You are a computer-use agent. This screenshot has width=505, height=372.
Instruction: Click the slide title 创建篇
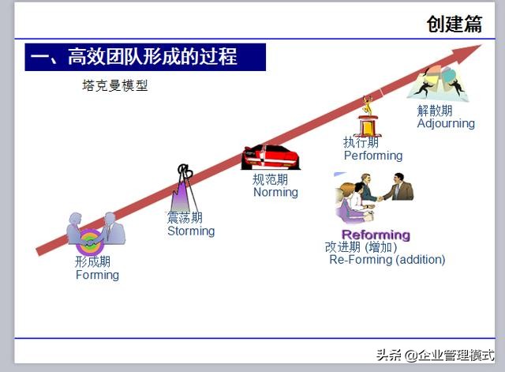coord(454,24)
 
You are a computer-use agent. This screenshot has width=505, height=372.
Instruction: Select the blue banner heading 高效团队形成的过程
coord(145,57)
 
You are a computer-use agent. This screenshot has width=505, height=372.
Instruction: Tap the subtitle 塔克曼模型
coord(115,85)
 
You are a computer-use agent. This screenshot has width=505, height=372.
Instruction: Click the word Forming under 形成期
coord(97,275)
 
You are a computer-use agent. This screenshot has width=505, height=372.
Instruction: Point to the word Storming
coord(191,231)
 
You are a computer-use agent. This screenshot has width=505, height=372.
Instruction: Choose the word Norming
coord(275,192)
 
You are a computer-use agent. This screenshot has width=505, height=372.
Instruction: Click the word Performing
coord(373,156)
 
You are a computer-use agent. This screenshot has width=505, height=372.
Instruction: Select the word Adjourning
coord(446,123)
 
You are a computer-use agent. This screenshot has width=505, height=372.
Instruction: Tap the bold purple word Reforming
coord(376,235)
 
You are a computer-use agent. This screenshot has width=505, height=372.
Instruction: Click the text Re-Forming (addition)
coord(387,260)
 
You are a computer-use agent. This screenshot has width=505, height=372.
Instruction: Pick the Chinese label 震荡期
coord(185,218)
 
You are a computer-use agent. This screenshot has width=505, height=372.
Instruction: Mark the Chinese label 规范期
coord(270,179)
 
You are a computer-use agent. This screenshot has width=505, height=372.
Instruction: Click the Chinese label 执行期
coord(361,142)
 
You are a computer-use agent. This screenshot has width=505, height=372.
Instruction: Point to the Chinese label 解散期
coord(435,111)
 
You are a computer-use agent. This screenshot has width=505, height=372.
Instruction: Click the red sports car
coord(271,156)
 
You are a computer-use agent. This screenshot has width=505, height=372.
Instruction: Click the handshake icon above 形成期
coord(95,232)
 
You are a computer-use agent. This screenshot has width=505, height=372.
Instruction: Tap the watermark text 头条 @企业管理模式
coord(435,355)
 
